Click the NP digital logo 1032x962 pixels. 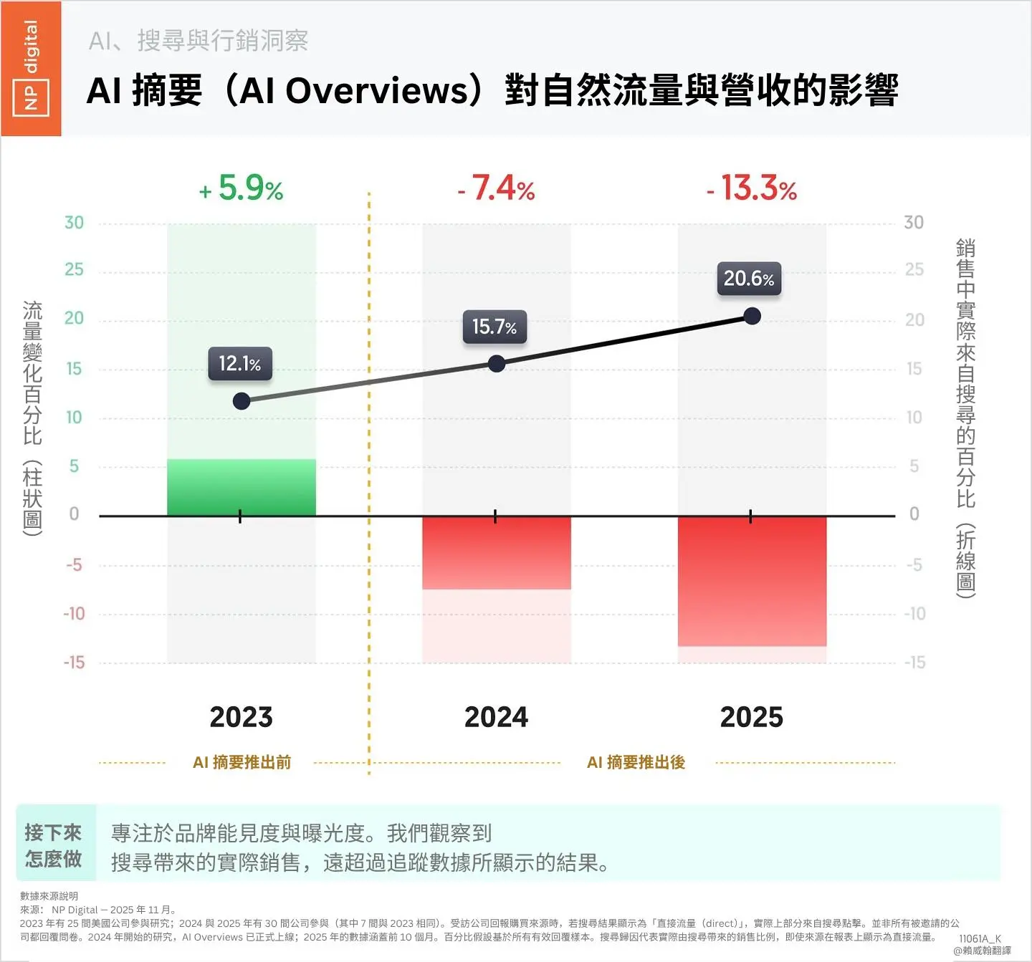[31, 69]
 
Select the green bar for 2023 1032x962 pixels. [242, 487]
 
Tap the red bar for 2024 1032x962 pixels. [496, 552]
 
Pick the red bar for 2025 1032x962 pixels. [752, 581]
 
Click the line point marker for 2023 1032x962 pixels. [242, 401]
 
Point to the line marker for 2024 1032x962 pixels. [496, 364]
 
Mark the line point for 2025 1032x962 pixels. [752, 316]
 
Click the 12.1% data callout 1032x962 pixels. [240, 363]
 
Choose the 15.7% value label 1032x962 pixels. [494, 327]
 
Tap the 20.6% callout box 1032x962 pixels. [749, 278]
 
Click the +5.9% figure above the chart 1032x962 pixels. [242, 188]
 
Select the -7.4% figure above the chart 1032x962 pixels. [496, 188]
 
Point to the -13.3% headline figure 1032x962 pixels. [752, 188]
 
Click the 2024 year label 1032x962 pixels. [496, 717]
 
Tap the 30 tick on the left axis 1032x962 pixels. [74, 223]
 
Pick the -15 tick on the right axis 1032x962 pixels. [914, 663]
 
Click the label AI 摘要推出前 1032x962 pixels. [242, 762]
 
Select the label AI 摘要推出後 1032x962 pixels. [636, 762]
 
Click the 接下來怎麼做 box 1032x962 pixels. [54, 845]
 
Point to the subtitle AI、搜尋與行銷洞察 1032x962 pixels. [199, 41]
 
